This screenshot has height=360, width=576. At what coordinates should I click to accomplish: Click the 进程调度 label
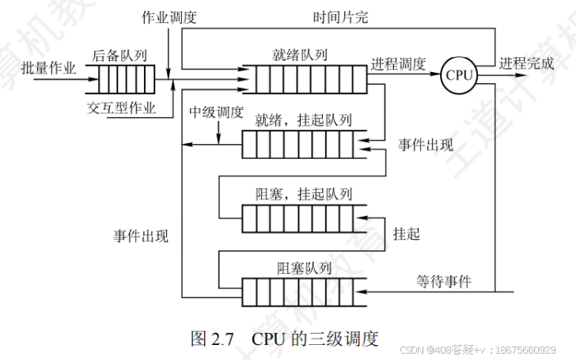click(398, 64)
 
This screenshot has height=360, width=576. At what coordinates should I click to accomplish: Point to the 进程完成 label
click(527, 63)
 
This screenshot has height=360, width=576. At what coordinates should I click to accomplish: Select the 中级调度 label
click(216, 112)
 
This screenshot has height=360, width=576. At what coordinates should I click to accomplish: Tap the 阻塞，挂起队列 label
click(303, 193)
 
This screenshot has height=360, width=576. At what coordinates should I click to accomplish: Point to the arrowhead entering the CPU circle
click(438, 75)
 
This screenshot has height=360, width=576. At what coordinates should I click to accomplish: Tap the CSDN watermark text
click(483, 349)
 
